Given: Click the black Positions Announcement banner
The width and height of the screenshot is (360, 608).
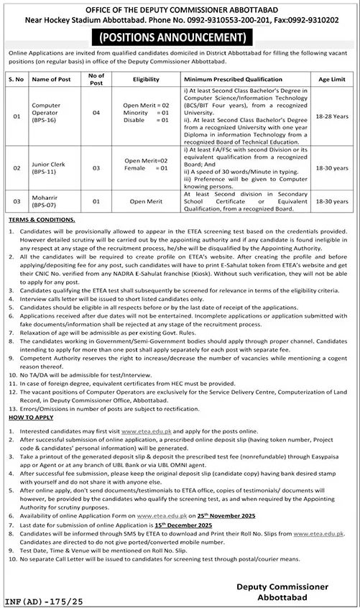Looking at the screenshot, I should tap(180, 37).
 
